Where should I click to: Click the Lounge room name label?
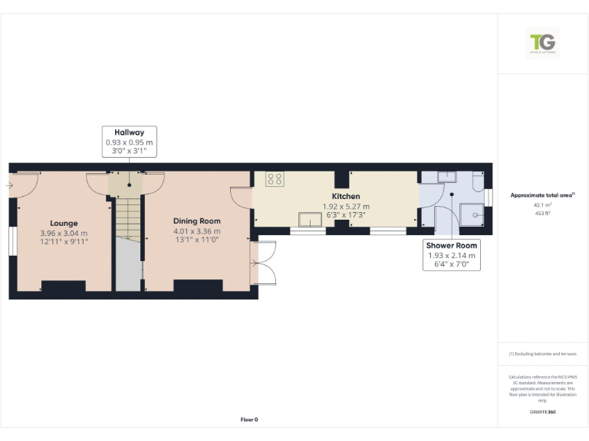[x=64, y=223]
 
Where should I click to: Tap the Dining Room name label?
[x=196, y=221]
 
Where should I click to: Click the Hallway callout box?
[x=129, y=142]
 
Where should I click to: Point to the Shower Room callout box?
[x=452, y=256]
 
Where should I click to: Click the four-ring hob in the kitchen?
[x=275, y=179]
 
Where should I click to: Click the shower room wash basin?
[x=446, y=176]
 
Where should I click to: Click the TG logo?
[x=543, y=43]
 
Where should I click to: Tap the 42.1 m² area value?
[x=543, y=205]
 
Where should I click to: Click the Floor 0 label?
[x=249, y=420]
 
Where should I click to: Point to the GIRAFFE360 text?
[x=543, y=413]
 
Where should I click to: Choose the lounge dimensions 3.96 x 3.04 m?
[x=64, y=233]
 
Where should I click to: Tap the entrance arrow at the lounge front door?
[x=12, y=185]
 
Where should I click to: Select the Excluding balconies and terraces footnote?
[x=543, y=354]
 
